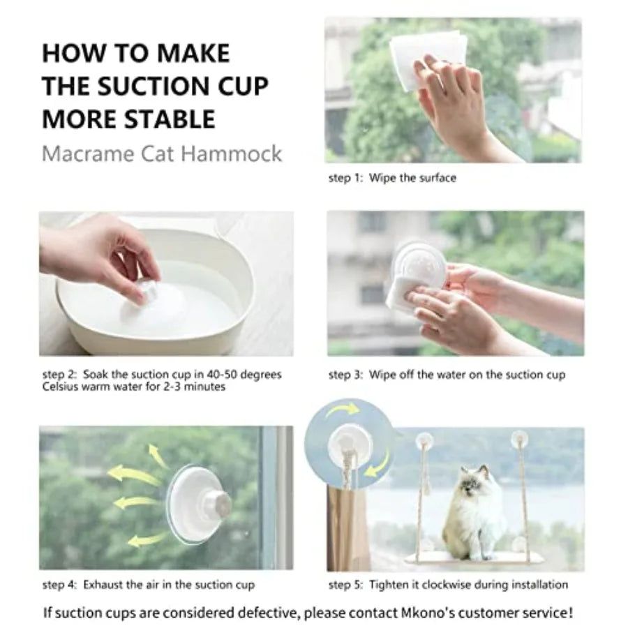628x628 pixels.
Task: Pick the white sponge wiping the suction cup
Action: coord(401,294)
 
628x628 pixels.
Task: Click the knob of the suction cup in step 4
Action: coord(218,502)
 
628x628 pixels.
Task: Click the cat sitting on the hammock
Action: coord(473,515)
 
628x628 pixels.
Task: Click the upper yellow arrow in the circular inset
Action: coord(343,410)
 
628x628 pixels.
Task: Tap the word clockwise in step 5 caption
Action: coord(445,585)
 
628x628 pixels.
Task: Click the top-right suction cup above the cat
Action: coord(519,439)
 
